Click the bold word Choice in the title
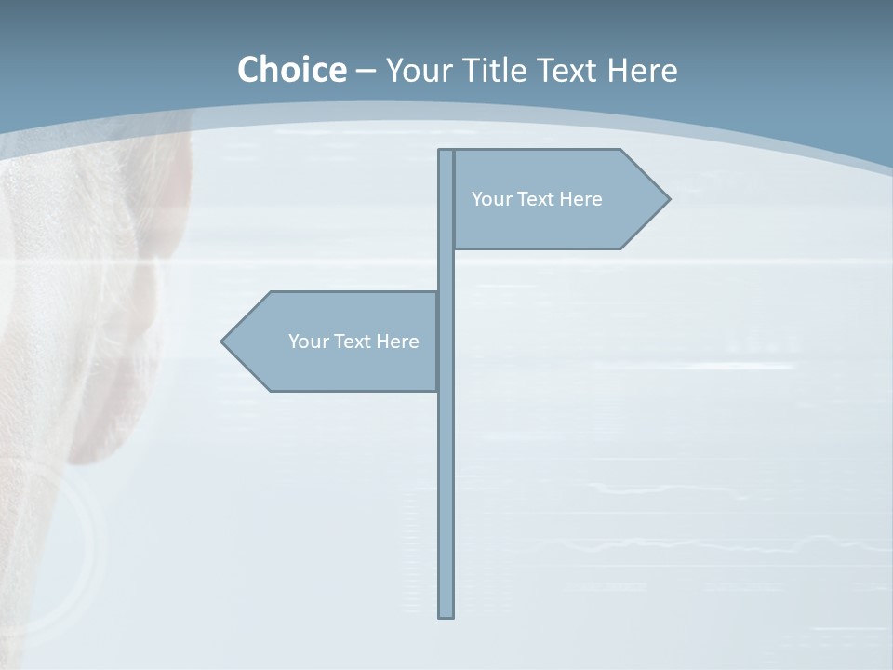(291, 70)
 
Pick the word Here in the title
(646, 70)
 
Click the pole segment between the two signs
(446, 270)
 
